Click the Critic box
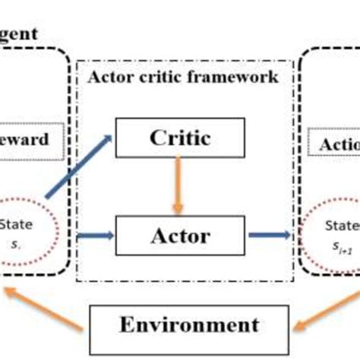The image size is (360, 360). (179, 138)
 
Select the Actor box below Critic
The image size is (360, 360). (179, 235)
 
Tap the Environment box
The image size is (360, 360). (188, 325)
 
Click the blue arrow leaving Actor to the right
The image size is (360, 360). (269, 235)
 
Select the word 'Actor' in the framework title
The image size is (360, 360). (111, 77)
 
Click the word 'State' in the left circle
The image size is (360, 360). (18, 225)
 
